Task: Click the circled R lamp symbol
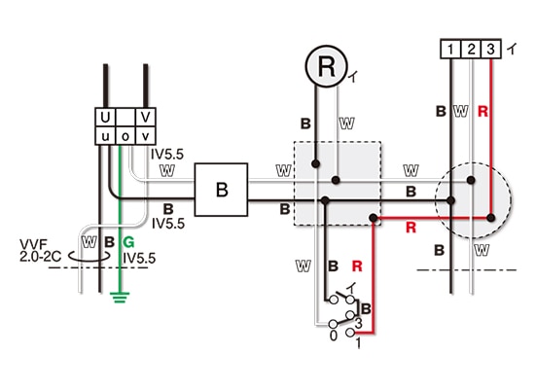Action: pos(326,66)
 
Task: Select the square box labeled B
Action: pos(221,190)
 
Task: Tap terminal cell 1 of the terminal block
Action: pos(450,49)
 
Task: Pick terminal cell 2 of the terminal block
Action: pos(471,49)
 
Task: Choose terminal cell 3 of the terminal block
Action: pos(491,49)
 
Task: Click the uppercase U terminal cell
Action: pos(105,117)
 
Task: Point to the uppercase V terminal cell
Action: pos(146,117)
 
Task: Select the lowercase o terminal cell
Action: pos(125,136)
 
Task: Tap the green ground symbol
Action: pos(120,298)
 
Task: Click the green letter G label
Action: pos(128,242)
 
